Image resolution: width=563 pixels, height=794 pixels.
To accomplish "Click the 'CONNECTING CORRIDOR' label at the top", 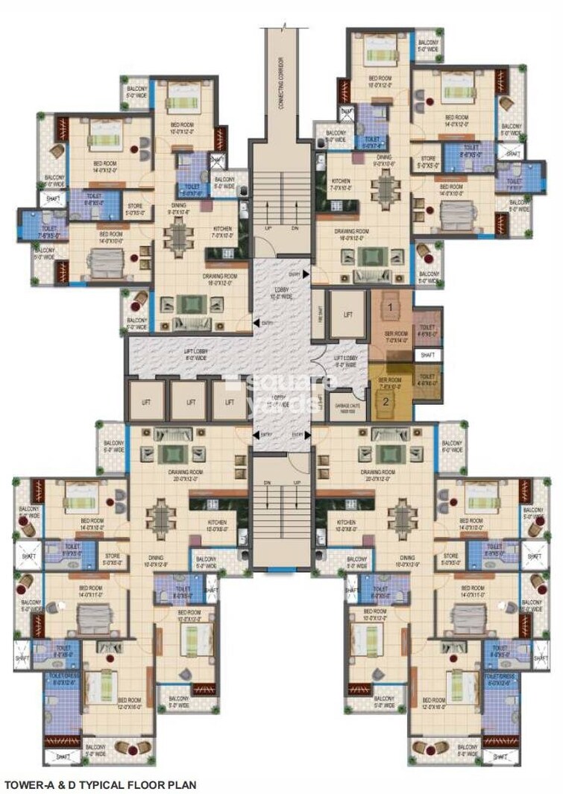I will [281, 83].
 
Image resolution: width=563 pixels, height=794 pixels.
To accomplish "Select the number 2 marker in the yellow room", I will [386, 400].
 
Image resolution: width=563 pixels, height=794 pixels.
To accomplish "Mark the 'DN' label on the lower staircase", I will [268, 482].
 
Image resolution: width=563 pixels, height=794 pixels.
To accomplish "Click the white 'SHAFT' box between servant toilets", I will [427, 356].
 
